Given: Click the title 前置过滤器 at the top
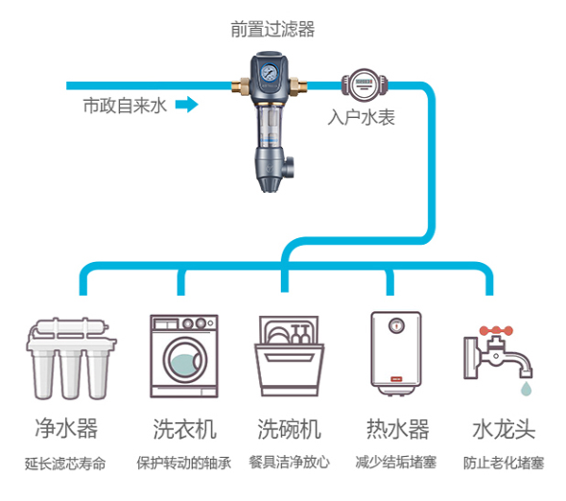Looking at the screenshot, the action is tap(272, 29).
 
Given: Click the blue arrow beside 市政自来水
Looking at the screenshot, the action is tap(187, 105).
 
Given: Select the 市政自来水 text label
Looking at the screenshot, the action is tap(125, 106).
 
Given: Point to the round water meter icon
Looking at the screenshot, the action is tap(365, 85).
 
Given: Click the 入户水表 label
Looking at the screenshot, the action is tap(362, 117).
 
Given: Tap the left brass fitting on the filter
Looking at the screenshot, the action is tap(241, 86).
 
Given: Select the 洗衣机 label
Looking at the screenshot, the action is tap(185, 429).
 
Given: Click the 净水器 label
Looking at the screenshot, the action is tap(66, 428).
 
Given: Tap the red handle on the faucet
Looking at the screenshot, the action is tap(496, 330).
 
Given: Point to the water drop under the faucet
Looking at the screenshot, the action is tap(526, 388).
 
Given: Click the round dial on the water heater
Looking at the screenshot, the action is tap(396, 325).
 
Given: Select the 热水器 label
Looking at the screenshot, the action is tap(398, 429).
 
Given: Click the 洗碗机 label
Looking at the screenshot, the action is tap(289, 429).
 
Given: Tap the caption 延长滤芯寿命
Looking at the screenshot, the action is tap(65, 464).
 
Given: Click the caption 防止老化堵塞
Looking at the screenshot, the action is tap(504, 463).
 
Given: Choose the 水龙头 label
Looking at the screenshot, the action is tap(504, 429).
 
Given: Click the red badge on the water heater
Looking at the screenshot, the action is tap(396, 379).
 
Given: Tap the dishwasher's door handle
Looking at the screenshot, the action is tap(289, 358).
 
